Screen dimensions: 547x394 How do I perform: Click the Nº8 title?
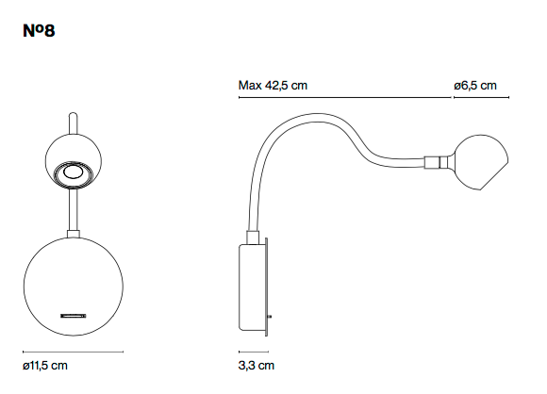pos(39,31)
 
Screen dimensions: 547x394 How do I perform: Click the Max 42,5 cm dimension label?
pos(273,86)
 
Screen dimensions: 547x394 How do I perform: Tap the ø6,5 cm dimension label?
pos(475,86)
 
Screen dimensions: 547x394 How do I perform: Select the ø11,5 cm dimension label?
pos(45,366)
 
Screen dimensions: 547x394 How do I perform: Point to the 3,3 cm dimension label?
pos(257,366)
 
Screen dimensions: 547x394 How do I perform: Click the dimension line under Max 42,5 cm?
pos(345,98)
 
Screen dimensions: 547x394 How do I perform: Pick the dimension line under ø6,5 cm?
pos(481,98)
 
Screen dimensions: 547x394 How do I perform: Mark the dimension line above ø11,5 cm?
pos(74,352)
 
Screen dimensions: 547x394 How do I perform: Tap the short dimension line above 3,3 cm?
pos(254,352)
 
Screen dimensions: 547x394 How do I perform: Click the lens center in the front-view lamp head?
pos(73,172)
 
